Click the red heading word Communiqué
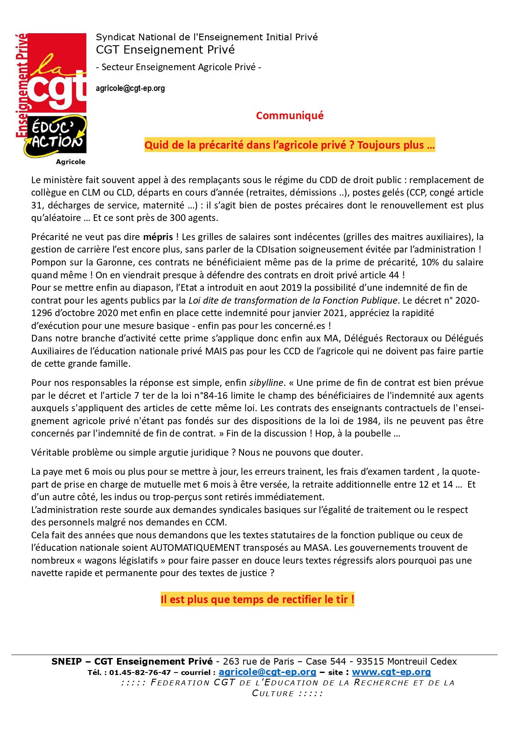click(290, 115)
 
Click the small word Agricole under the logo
click(71, 162)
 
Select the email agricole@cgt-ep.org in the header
click(130, 88)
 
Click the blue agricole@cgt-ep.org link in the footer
click(267, 672)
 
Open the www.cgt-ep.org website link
click(391, 672)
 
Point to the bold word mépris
click(158, 237)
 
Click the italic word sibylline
click(266, 383)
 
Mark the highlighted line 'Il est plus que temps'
click(257, 599)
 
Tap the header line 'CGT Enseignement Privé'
click(165, 50)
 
